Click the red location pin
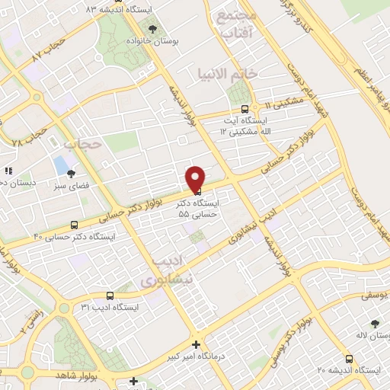[195, 178]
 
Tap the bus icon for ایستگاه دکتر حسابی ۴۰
[74, 225]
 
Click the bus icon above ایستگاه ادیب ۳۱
[110, 295]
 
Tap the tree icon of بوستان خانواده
[155, 29]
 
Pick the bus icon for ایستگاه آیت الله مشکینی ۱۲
[244, 108]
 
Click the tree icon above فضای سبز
[71, 174]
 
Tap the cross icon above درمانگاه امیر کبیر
[197, 344]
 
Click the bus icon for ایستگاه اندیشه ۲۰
[348, 358]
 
